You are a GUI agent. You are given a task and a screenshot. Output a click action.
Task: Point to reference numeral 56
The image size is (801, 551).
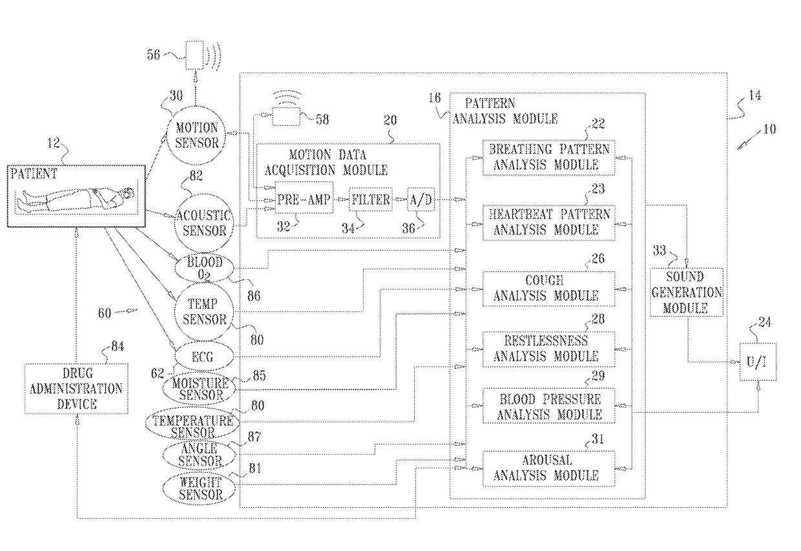click(153, 55)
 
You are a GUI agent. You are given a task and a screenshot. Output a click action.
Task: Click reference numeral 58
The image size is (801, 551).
click(322, 120)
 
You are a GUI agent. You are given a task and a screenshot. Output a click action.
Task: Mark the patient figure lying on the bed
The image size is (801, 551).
click(77, 199)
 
